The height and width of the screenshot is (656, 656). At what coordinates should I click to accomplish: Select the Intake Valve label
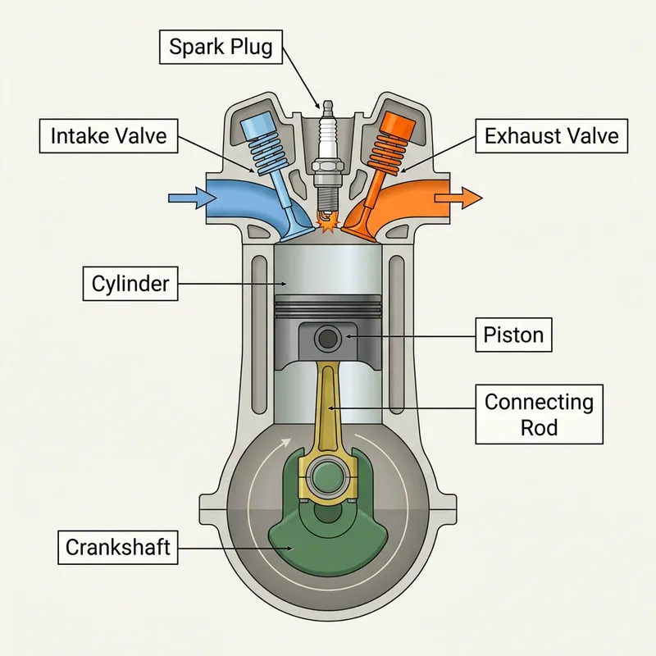tap(108, 135)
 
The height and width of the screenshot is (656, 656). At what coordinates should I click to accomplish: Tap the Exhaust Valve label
tap(551, 135)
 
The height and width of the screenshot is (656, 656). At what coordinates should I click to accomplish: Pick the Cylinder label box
tap(130, 284)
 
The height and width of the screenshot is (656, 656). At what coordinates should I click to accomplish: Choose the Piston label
tap(513, 335)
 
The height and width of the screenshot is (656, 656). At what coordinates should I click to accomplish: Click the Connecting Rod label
tap(539, 414)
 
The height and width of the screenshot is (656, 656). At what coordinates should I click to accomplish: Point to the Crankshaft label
tap(117, 547)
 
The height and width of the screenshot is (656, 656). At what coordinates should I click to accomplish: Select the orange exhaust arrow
tap(463, 197)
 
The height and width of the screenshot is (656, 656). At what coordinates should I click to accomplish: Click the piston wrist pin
tap(329, 337)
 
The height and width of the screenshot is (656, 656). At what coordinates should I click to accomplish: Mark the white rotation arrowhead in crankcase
tap(286, 442)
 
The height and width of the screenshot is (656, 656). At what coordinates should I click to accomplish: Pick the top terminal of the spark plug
tap(329, 105)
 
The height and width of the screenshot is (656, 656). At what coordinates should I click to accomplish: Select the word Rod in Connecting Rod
tap(539, 427)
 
